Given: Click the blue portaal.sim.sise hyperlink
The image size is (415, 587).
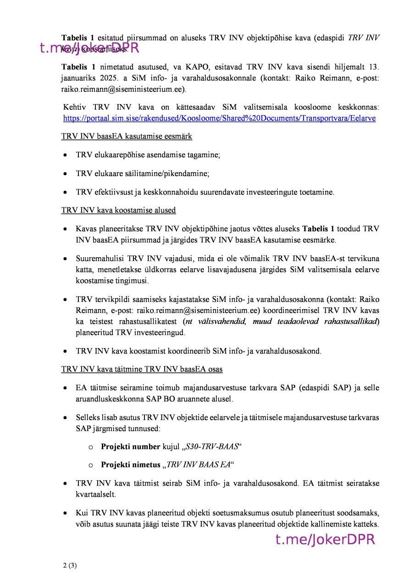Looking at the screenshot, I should click(219, 118).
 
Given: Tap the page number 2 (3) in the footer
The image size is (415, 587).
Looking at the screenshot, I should click(70, 565).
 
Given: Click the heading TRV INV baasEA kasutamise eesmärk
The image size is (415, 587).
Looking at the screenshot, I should click(127, 136).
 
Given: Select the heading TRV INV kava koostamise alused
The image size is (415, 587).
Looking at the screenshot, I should click(118, 210).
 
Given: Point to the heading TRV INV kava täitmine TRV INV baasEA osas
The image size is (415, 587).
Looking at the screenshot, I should click(142, 369).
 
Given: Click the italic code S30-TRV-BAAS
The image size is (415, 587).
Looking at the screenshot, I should click(212, 446).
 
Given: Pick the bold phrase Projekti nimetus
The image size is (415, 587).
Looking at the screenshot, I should click(130, 465).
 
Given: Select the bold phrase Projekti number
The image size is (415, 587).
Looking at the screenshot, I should click(130, 446).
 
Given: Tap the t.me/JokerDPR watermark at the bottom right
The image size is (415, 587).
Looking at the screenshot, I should click(325, 540).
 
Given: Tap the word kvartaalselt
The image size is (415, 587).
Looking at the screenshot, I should click(96, 495).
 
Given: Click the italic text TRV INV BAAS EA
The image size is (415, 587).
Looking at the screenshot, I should click(198, 465).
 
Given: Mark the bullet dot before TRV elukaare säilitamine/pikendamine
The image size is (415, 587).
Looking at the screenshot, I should click(66, 174).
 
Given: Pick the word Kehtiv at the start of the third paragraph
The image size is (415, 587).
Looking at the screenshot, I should click(75, 107).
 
